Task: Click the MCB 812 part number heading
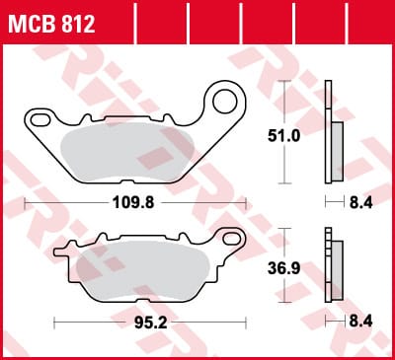click(51, 24)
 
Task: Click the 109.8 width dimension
click(133, 203)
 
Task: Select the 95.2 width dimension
click(151, 323)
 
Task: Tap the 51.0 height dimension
click(283, 135)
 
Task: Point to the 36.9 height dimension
click(283, 268)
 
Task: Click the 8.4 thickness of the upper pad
click(360, 203)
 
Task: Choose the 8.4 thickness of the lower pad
click(360, 322)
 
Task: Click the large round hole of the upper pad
click(225, 102)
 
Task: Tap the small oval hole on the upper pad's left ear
click(40, 120)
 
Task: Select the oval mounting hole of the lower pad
click(233, 239)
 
